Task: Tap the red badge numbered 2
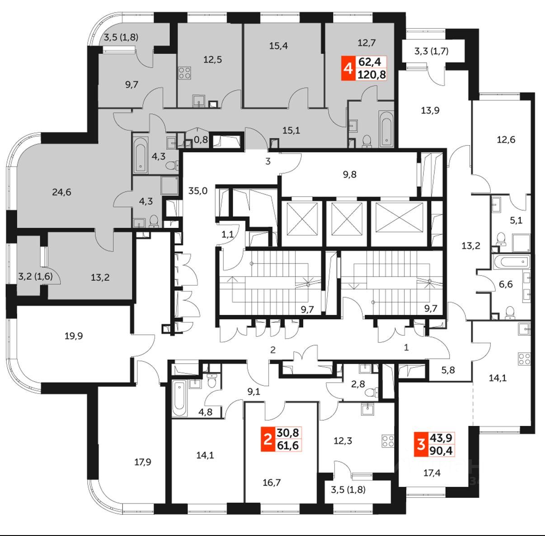point(268,439)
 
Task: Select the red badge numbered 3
point(421,444)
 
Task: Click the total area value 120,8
point(371,74)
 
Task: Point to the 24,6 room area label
point(61,192)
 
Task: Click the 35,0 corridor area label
point(198,190)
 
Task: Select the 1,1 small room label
point(228,234)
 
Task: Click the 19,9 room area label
point(73,336)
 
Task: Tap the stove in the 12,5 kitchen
point(184,73)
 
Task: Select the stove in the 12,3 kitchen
point(388,440)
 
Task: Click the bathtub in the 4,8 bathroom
point(180,399)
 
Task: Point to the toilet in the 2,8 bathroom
point(371,392)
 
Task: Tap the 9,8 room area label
point(349,174)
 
